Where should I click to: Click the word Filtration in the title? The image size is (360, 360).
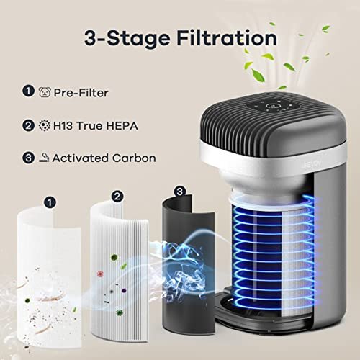pyautogui.click(x=227, y=38)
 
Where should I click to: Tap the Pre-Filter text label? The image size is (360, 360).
pyautogui.click(x=81, y=93)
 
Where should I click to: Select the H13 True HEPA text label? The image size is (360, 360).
pyautogui.click(x=95, y=126)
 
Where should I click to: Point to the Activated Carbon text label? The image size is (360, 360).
pyautogui.click(x=104, y=158)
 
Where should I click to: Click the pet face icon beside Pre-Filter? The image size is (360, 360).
pyautogui.click(x=45, y=92)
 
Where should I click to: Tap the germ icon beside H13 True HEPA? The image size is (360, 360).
pyautogui.click(x=45, y=125)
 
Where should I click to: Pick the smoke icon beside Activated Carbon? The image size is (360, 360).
pyautogui.click(x=44, y=158)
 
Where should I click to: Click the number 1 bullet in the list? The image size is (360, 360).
pyautogui.click(x=29, y=91)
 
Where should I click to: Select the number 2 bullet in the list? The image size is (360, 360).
pyautogui.click(x=29, y=125)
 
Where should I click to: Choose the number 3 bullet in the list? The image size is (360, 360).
pyautogui.click(x=29, y=158)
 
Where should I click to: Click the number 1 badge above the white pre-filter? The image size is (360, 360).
pyautogui.click(x=50, y=202)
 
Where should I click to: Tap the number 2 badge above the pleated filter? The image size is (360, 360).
pyautogui.click(x=117, y=197)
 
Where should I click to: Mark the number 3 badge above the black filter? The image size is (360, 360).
pyautogui.click(x=180, y=192)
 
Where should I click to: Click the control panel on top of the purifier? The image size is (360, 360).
pyautogui.click(x=273, y=105)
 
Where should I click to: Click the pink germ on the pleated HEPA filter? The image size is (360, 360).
pyautogui.click(x=100, y=274)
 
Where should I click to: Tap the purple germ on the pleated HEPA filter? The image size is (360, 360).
pyautogui.click(x=124, y=291)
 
